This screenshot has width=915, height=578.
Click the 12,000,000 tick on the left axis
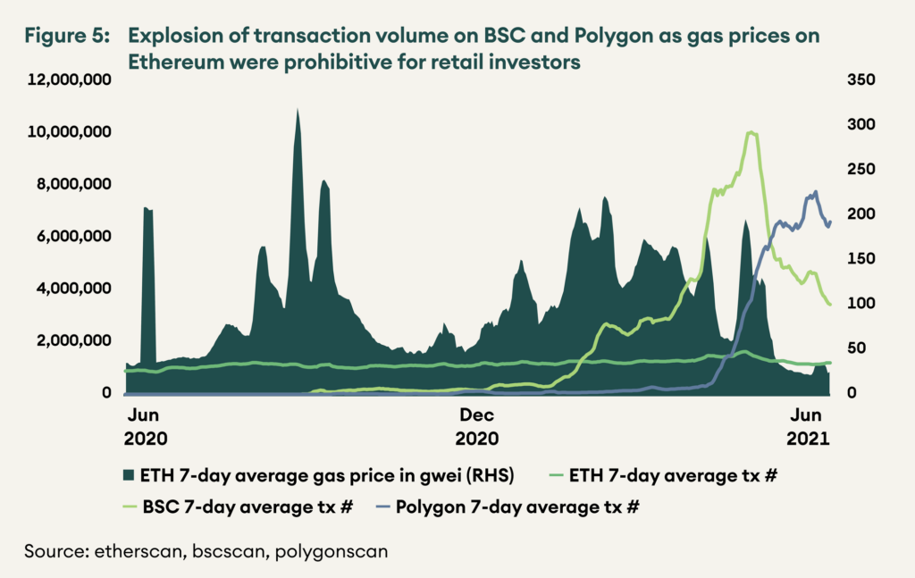click(71, 80)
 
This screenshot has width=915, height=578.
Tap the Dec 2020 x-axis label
click(477, 427)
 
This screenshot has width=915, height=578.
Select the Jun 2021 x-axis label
click(808, 427)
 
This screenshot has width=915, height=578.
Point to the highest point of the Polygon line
click(815, 191)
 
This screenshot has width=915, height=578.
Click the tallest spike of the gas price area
click(297, 110)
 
